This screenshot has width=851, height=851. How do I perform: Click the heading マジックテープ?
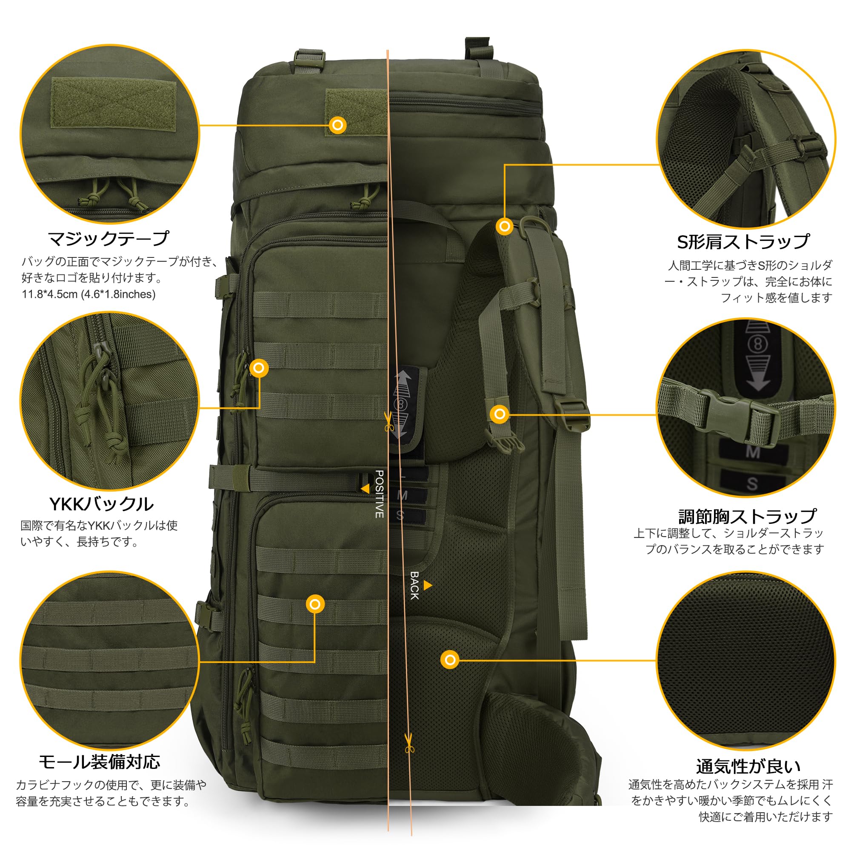(x=108, y=239)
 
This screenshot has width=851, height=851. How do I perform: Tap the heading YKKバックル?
(x=101, y=504)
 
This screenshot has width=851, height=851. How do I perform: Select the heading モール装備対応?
(x=100, y=762)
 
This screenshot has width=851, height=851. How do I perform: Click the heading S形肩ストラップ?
(x=743, y=241)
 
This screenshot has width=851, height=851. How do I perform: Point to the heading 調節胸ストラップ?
(x=748, y=516)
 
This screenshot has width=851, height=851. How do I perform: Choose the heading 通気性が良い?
(x=748, y=767)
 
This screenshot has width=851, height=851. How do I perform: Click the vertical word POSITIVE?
(x=379, y=494)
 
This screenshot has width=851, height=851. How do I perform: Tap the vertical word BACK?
(x=414, y=586)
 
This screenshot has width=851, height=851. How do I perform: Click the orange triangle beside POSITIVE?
(x=365, y=488)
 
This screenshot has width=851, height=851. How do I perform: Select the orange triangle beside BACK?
(x=427, y=585)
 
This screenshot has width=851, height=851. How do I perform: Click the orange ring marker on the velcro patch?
(x=338, y=125)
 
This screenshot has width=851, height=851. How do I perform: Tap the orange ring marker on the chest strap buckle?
(x=500, y=414)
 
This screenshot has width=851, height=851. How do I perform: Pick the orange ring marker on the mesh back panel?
(x=450, y=660)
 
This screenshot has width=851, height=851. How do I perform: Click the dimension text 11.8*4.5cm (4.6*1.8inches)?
(x=89, y=294)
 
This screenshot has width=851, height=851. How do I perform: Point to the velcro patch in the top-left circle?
(x=113, y=104)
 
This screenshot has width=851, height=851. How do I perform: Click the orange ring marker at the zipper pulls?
(x=259, y=368)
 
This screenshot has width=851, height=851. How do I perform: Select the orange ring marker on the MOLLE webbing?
(x=315, y=604)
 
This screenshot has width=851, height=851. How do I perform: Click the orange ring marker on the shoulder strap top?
(x=504, y=226)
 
